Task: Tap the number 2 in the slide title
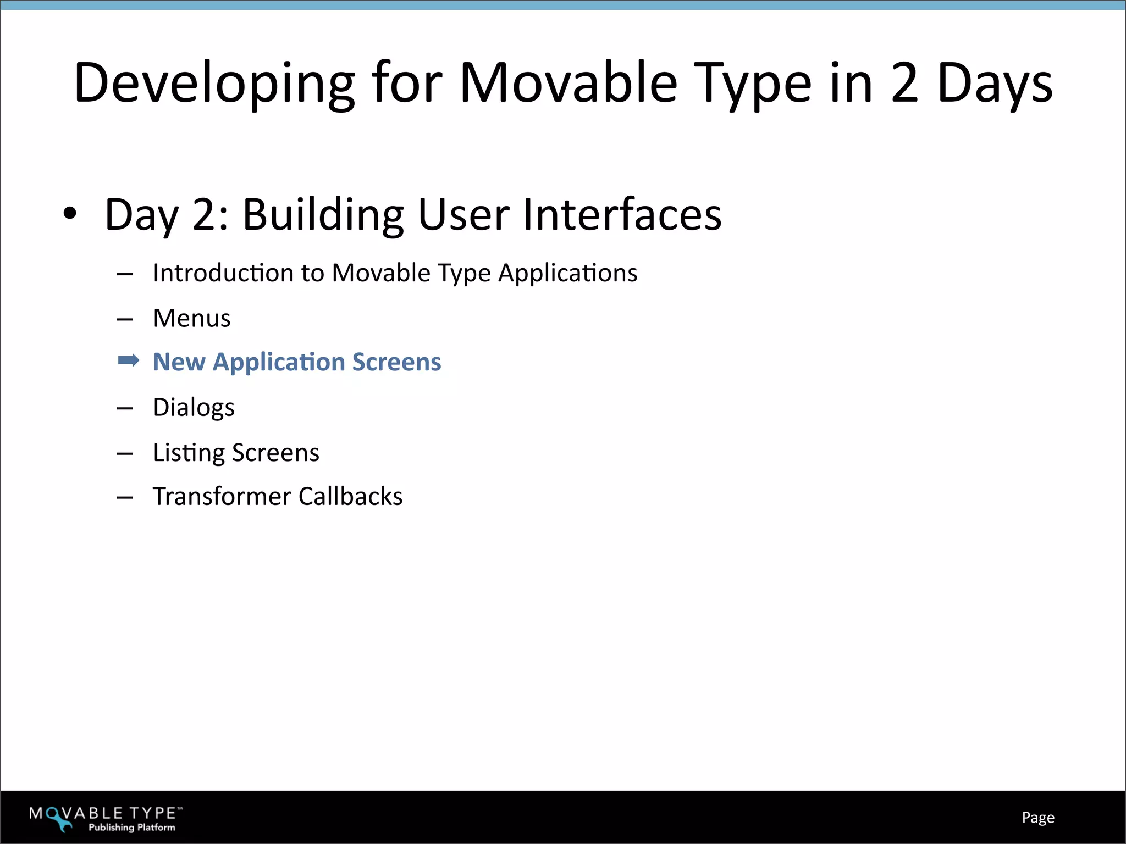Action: click(x=904, y=84)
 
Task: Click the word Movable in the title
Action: click(x=568, y=84)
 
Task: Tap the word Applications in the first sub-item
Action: click(x=567, y=273)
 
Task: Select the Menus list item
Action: click(x=191, y=318)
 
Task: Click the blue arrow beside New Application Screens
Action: click(x=129, y=361)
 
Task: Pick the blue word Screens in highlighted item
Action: click(x=396, y=362)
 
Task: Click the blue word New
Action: click(x=179, y=362)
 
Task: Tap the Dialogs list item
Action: click(x=194, y=408)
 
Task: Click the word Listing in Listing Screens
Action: click(x=189, y=453)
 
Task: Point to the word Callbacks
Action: click(x=350, y=496)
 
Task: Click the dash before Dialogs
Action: click(x=125, y=408)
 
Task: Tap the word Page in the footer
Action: click(x=1037, y=818)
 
